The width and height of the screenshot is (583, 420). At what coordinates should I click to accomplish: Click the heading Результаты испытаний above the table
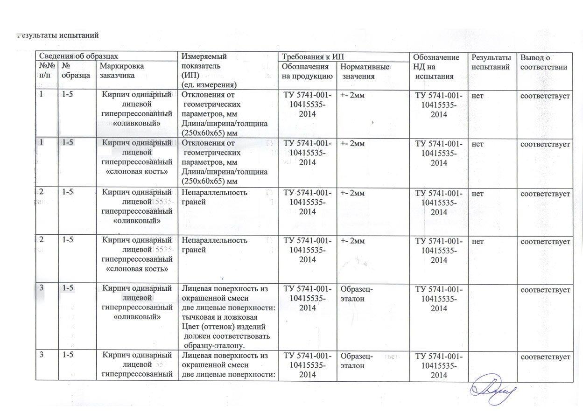tap(58, 35)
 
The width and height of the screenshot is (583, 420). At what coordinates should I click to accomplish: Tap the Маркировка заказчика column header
tap(122, 71)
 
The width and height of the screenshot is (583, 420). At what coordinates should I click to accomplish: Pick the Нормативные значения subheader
tap(364, 71)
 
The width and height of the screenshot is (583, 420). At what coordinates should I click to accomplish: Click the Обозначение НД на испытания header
tap(436, 67)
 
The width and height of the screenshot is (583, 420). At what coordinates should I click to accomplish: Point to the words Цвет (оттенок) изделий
tap(223, 326)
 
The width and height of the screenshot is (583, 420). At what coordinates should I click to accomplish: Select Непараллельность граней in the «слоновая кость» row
tap(215, 245)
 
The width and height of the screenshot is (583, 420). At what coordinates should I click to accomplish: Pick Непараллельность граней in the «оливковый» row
tap(215, 197)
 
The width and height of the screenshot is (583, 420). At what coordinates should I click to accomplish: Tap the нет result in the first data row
tap(478, 96)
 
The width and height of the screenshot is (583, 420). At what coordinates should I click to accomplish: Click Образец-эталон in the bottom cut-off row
tap(357, 361)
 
